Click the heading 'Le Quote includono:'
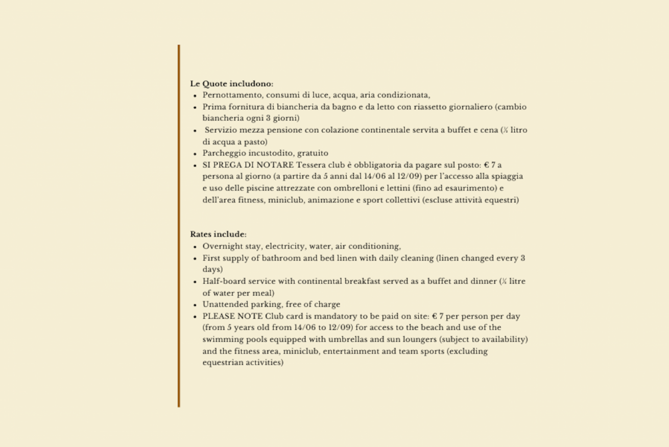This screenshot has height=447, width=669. point(231,83)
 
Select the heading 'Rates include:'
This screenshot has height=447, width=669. point(218,234)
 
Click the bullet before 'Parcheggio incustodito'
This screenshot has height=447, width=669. point(195,153)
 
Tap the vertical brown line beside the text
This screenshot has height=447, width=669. point(179,225)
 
